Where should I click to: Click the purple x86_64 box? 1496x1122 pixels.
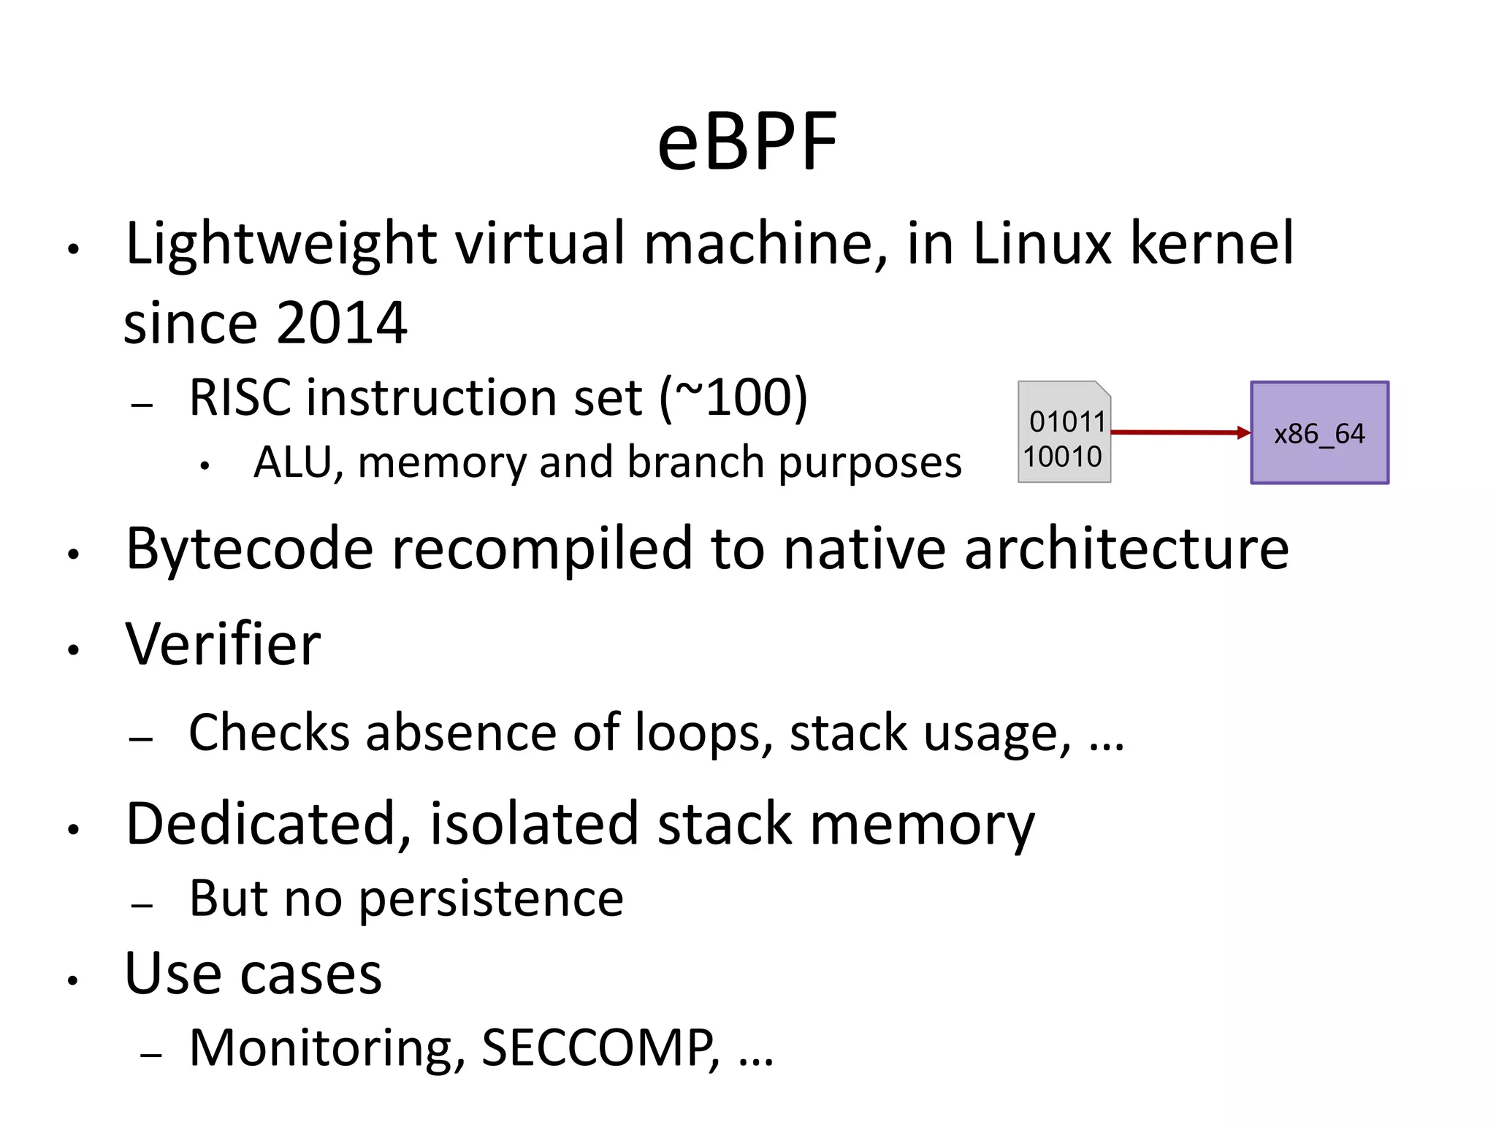coord(1319,432)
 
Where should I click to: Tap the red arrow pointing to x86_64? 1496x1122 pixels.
coord(1180,432)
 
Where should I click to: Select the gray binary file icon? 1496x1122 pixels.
coord(1064,432)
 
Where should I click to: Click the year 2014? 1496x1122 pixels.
coord(341,323)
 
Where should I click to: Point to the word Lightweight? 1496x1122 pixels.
coord(281,244)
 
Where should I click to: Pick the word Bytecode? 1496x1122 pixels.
coord(248,549)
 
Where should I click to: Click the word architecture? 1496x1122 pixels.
coord(1126,549)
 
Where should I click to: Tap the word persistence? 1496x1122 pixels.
coord(491,899)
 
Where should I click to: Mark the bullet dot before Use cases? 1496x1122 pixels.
coord(72,980)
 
